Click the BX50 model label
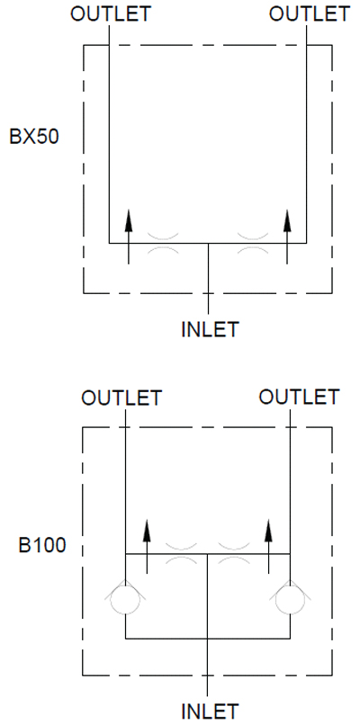click(35, 138)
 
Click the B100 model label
click(41, 545)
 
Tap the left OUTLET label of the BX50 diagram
click(111, 13)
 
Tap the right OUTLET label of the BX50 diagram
click(310, 13)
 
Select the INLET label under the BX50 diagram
click(210, 329)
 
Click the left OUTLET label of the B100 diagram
click(122, 398)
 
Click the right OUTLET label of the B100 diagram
click(299, 397)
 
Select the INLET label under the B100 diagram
click(210, 711)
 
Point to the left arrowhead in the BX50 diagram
click(129, 219)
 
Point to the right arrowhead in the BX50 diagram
click(287, 219)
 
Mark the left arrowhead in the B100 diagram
click(147, 530)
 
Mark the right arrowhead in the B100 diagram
click(269, 530)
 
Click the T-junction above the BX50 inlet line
click(209, 243)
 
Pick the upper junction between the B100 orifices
click(208, 553)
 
